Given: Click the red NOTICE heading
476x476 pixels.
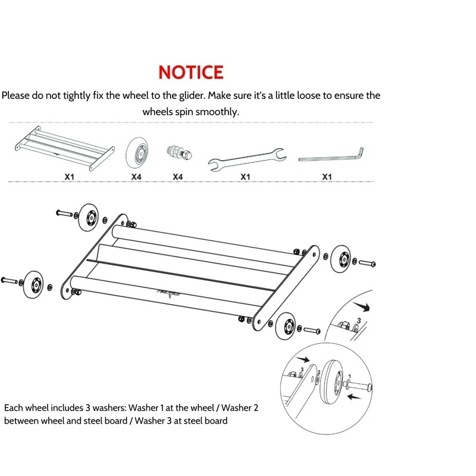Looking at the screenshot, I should tap(191, 72).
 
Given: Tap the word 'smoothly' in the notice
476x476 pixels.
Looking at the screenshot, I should tap(216, 112).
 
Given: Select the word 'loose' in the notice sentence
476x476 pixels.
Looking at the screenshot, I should tap(305, 95).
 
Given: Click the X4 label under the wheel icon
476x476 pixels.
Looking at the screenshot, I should tap(136, 177).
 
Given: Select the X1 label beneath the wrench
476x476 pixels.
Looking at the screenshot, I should tap(245, 177).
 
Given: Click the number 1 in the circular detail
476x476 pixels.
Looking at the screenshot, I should tap(350, 375).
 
